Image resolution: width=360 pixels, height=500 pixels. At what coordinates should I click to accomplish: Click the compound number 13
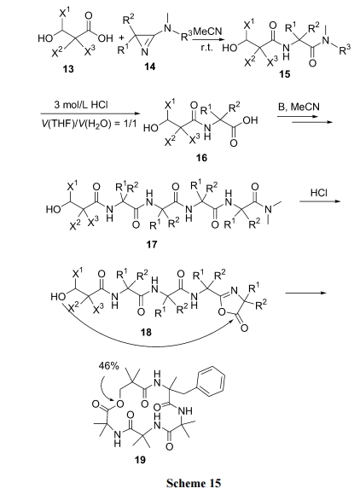point(68,68)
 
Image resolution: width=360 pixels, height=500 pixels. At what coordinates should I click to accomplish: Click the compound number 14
point(149,67)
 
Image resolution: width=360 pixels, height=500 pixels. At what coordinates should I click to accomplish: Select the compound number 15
point(284,74)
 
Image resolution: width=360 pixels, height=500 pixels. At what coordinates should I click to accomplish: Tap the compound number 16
point(201,158)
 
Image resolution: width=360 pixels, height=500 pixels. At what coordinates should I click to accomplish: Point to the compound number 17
point(152,244)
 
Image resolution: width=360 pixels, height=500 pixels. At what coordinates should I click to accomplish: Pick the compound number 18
point(147,332)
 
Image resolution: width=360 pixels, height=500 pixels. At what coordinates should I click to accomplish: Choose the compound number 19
point(140,460)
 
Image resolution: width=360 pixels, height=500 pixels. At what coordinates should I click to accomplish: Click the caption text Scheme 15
point(194,483)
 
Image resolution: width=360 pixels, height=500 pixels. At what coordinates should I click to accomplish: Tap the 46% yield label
point(108,366)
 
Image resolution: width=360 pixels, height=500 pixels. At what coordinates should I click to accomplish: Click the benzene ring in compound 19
point(211,381)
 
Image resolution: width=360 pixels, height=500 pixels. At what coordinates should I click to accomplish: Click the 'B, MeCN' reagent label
point(299,107)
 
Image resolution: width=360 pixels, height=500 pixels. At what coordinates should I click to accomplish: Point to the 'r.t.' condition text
point(206,49)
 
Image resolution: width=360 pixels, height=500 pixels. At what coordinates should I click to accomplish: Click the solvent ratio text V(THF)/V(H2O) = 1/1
point(90,124)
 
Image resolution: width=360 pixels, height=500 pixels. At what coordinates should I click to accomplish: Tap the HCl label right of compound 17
point(318,193)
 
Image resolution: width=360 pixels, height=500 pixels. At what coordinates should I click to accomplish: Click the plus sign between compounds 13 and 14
point(121,38)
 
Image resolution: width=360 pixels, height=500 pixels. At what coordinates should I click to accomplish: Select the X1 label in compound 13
point(65,13)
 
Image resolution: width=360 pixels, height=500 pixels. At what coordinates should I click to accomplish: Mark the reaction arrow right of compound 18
point(305,293)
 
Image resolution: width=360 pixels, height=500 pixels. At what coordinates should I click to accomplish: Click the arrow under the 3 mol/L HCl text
point(90,113)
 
